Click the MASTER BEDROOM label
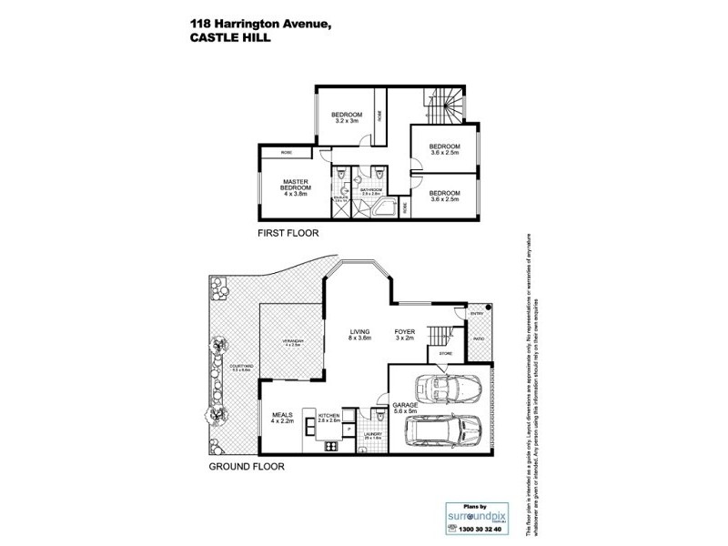297,186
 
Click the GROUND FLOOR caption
248,467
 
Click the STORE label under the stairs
446,352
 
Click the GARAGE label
404,407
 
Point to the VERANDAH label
292,342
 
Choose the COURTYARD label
241,367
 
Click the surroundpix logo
470,515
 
